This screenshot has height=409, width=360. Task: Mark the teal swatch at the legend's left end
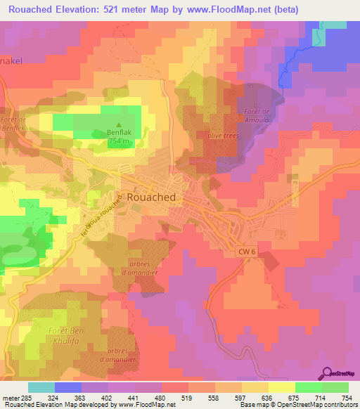pos(41,387)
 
